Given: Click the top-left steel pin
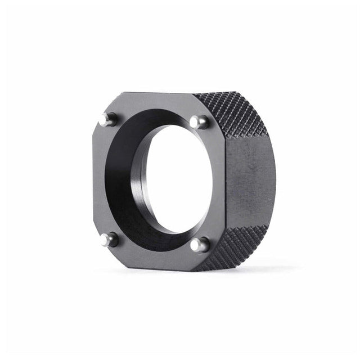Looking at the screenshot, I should click(105, 119).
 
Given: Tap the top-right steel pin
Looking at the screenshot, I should click(197, 121).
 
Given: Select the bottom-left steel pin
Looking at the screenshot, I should click(106, 240).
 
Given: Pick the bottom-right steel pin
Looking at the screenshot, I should click(197, 245).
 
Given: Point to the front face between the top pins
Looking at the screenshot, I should click(152, 102).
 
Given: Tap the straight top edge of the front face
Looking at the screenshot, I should click(157, 93).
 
